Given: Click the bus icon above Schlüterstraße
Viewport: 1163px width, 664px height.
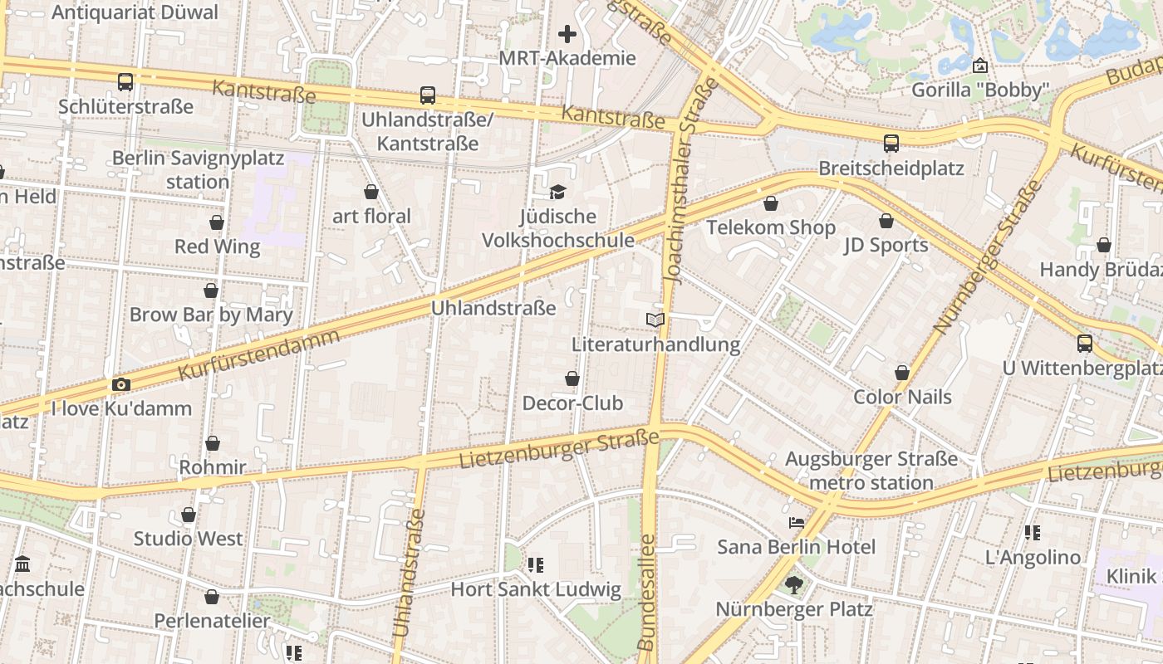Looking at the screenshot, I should click(125, 82).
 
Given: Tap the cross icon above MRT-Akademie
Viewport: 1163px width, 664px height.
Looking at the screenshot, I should click(567, 34).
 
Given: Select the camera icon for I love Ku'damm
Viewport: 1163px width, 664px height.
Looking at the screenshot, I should click(121, 384).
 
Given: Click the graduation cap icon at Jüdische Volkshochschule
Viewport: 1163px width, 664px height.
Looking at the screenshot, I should click(557, 193).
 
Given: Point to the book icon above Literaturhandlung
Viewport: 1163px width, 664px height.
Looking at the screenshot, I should click(655, 320).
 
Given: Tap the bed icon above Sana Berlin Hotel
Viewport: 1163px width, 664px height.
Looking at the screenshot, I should click(796, 523).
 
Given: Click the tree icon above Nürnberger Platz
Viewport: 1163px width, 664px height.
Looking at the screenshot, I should click(794, 585).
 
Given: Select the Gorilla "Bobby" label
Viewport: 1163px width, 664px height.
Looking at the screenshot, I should click(980, 90).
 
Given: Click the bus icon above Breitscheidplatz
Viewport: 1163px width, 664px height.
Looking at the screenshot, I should click(891, 144).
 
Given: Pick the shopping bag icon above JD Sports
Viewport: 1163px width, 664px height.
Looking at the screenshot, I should click(886, 221).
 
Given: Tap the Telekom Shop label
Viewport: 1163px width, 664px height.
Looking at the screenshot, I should click(771, 227).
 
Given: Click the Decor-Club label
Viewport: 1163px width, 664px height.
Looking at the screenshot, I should click(572, 403).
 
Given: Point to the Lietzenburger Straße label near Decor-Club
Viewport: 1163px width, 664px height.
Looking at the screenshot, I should click(559, 449).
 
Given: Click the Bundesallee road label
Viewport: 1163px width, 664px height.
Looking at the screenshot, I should click(647, 591).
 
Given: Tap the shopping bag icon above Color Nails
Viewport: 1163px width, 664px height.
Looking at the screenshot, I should click(902, 373).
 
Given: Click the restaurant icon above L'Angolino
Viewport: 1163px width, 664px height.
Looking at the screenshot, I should click(1033, 533).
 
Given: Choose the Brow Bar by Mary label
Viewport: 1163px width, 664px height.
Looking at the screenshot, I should click(211, 315).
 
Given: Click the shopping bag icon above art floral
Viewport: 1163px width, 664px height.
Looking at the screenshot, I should click(371, 193).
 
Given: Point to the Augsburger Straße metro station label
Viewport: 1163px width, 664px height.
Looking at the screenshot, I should click(871, 471).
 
